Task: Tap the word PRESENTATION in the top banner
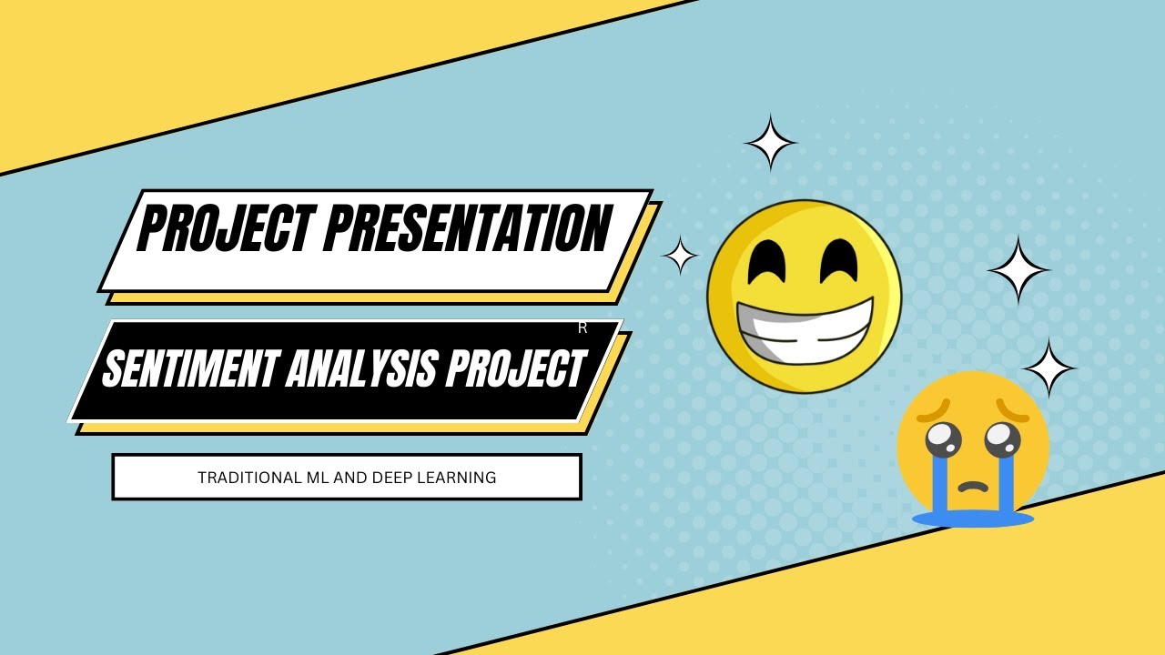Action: pos(468,229)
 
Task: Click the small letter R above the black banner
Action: pos(582,328)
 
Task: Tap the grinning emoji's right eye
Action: pos(839,260)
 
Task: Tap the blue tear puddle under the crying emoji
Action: pos(973,519)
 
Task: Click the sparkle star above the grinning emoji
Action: pos(771,142)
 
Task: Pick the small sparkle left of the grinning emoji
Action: pos(679,256)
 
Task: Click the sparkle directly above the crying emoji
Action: pos(1048,368)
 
